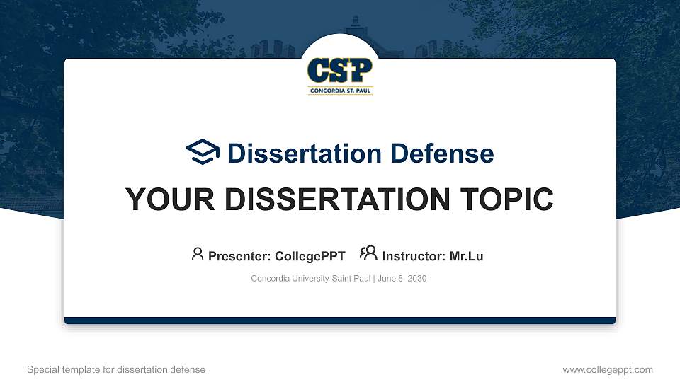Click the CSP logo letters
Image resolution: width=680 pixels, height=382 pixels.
(340, 70)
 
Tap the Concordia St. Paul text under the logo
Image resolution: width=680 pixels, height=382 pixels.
(340, 91)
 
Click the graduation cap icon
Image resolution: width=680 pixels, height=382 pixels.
(203, 152)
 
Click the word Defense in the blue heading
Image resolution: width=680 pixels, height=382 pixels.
(433, 154)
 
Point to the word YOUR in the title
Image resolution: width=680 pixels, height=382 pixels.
(165, 199)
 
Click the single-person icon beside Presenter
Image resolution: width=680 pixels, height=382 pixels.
(198, 254)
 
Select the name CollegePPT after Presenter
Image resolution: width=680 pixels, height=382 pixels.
(310, 256)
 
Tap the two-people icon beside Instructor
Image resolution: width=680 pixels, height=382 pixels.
(368, 254)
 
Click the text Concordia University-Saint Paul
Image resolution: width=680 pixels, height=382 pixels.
(310, 279)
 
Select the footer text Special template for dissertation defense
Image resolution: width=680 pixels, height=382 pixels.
(116, 369)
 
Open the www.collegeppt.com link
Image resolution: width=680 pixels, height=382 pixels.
(607, 369)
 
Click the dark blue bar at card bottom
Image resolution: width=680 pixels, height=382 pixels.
(340, 320)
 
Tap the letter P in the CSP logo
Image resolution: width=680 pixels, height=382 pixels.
(361, 70)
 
